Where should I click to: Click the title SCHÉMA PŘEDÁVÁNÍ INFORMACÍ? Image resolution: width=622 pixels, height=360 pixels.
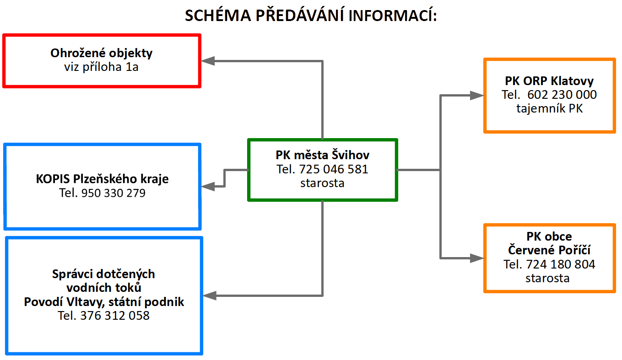[x=311, y=16]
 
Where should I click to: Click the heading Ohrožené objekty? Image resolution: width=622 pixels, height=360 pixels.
[x=102, y=53]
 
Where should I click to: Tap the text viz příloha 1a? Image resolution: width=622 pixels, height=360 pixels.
[x=102, y=67]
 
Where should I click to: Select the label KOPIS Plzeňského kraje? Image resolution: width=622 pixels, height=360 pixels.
[x=102, y=179]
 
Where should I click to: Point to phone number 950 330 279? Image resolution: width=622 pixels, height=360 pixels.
[x=113, y=193]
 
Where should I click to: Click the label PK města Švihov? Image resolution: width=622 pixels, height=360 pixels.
[x=323, y=155]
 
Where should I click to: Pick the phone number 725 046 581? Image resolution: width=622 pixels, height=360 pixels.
[x=334, y=169]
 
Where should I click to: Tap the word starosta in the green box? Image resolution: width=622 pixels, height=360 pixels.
[x=322, y=183]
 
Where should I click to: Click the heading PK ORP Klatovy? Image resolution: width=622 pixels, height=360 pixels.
[x=549, y=81]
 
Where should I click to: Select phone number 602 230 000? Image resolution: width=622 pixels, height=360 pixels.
[x=562, y=95]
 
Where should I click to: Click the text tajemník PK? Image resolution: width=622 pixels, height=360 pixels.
[x=549, y=108]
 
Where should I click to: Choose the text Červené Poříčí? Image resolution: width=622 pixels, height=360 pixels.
[x=549, y=250]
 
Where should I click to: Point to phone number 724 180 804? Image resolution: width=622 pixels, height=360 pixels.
[x=561, y=264]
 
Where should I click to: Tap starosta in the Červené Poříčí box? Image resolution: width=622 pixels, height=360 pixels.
[x=549, y=278]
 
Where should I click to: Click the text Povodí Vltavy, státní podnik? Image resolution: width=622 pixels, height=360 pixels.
[x=104, y=302]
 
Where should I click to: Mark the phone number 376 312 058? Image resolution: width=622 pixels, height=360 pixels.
[x=115, y=316]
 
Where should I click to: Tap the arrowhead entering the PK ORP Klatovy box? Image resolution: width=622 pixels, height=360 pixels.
[x=477, y=95]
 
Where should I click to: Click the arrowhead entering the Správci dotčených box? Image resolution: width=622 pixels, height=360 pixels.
[x=210, y=296]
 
